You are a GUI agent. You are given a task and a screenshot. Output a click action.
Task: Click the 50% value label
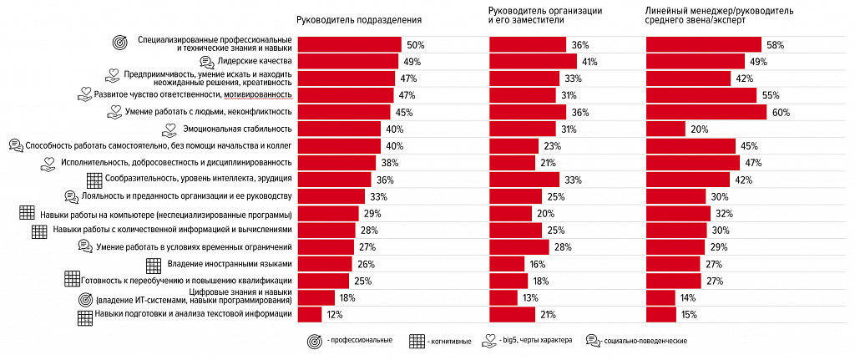[416, 44]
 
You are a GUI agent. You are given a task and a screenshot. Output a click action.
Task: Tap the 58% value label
[775, 44]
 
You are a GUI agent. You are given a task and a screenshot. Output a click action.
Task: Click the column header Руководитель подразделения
[359, 18]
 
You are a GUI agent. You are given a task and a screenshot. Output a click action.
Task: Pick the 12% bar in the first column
[310, 314]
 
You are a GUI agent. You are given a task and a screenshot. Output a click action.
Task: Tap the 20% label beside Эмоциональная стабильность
[699, 129]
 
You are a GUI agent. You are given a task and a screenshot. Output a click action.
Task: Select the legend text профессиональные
[362, 341]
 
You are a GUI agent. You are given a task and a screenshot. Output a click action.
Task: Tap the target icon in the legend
[315, 341]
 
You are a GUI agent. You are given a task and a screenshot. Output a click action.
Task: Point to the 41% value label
[589, 62]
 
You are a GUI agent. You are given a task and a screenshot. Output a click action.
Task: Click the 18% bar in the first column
[316, 297]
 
